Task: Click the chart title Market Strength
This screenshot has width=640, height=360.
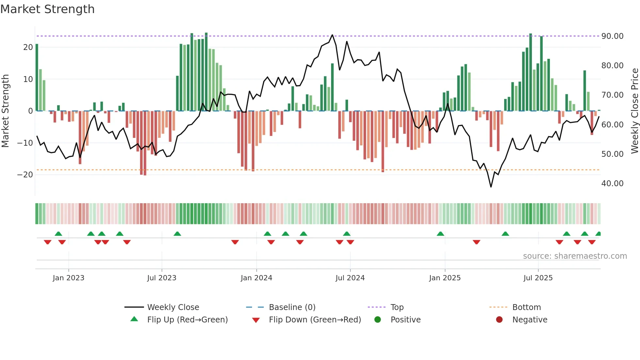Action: [x=47, y=9]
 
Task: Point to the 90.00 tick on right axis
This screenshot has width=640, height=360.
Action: [x=612, y=36]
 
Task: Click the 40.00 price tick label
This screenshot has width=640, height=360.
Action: [x=612, y=184]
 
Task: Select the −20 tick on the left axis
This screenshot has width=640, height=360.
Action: [x=25, y=175]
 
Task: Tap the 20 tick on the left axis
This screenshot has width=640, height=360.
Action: [x=28, y=47]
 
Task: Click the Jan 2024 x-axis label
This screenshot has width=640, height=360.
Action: [x=256, y=278]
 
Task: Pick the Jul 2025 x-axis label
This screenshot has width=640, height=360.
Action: [x=538, y=278]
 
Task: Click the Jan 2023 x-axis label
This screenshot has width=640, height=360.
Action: [x=69, y=278]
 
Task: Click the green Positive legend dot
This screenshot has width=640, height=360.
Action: [x=378, y=320]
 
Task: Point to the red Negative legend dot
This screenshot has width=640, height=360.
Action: [x=499, y=320]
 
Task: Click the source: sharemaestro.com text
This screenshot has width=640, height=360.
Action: [x=575, y=256]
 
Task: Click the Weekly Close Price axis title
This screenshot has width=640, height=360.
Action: [x=634, y=111]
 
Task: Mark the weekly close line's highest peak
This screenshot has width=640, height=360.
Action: [x=332, y=35]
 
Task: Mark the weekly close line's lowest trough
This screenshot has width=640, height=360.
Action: [x=491, y=187]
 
